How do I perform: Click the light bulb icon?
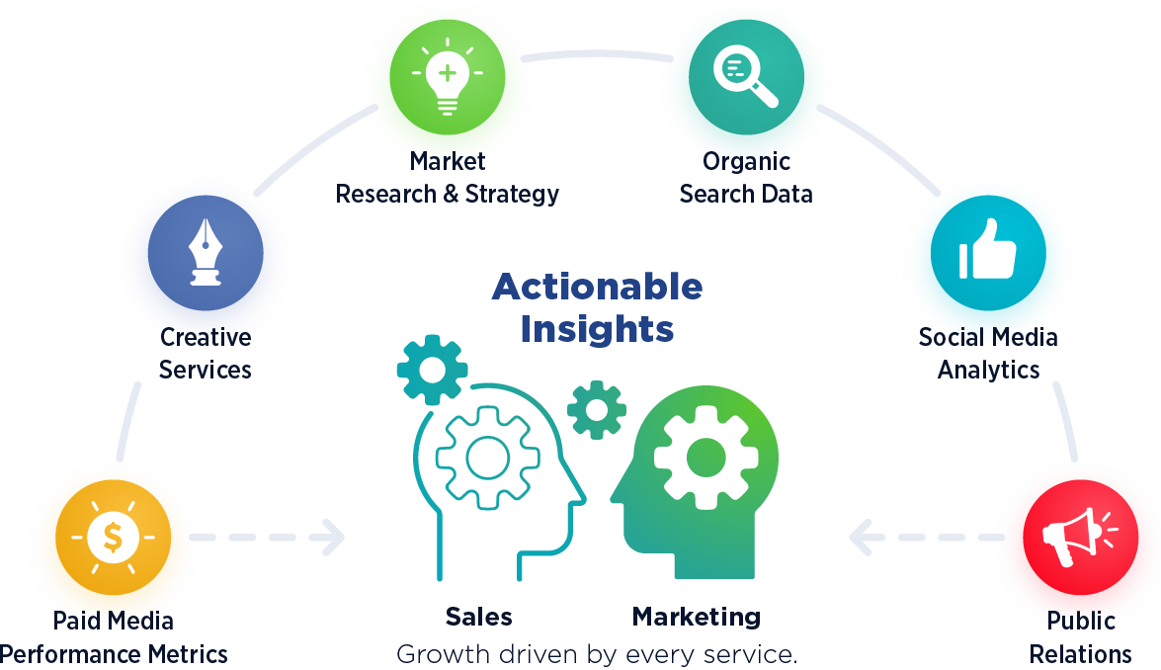click(448, 75)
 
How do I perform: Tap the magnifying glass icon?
click(745, 75)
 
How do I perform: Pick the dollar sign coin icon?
click(113, 538)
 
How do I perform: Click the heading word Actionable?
click(597, 288)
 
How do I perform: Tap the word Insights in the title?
click(597, 329)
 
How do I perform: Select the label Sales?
click(479, 618)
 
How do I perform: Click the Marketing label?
click(697, 618)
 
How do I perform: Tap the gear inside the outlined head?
click(487, 457)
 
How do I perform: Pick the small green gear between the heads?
click(596, 409)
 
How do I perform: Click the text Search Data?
click(746, 194)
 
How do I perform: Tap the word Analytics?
click(988, 370)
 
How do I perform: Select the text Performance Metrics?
click(114, 654)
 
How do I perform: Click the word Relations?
click(1081, 654)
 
